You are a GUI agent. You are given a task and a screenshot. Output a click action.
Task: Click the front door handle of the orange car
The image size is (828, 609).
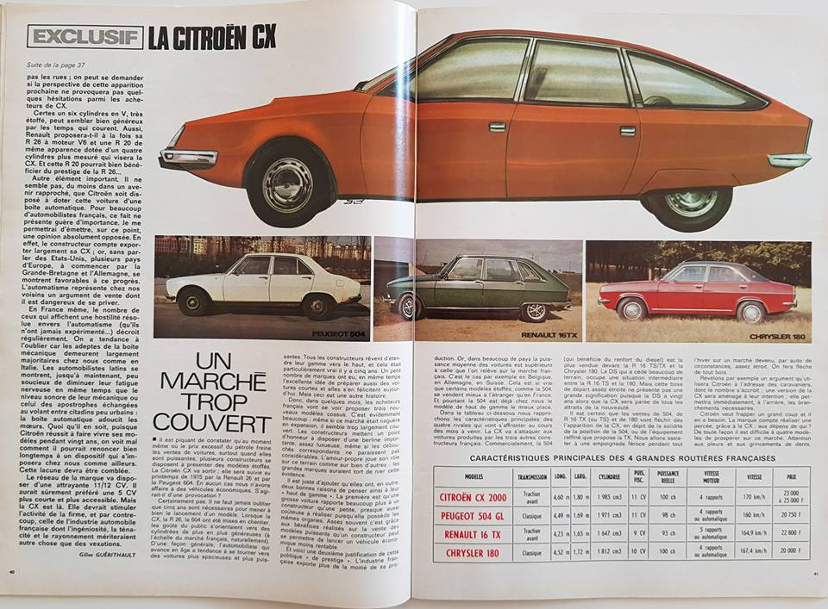[x=497, y=127]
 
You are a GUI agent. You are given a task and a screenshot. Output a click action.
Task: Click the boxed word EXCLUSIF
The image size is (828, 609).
[x=85, y=35]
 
